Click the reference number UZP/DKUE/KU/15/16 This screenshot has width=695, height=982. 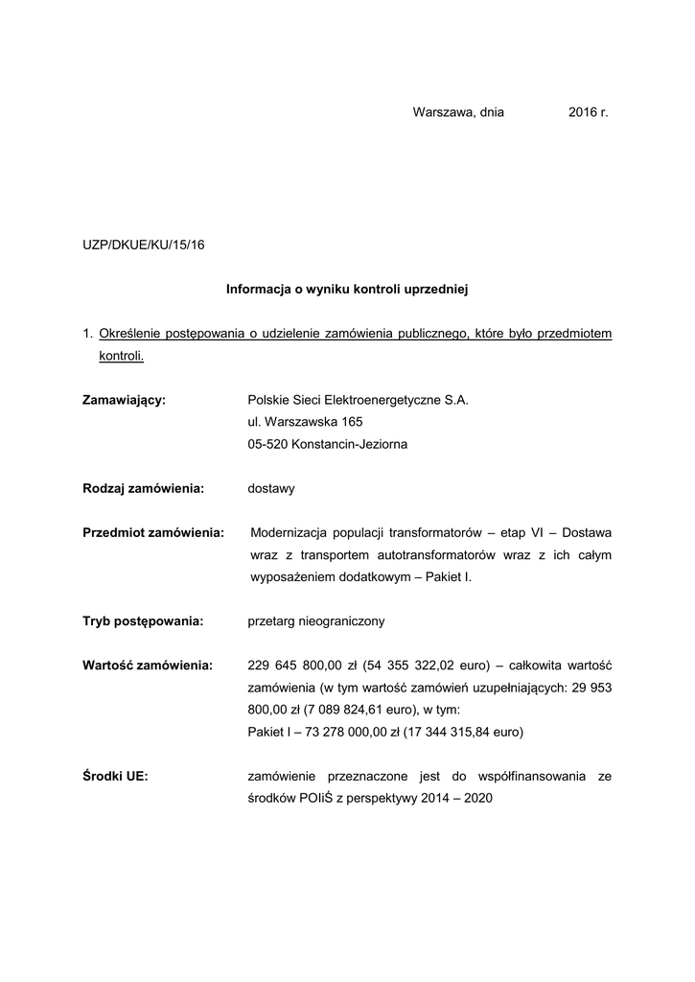(x=144, y=245)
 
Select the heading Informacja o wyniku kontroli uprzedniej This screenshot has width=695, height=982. (x=346, y=288)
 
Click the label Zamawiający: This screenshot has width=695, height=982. (x=125, y=400)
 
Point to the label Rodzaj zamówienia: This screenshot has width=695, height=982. (x=144, y=488)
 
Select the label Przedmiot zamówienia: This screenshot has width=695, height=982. (x=153, y=532)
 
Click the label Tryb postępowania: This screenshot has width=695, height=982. (x=143, y=621)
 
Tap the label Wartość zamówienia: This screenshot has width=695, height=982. (x=148, y=666)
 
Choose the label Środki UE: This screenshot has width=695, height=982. (x=115, y=777)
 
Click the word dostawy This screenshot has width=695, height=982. (x=271, y=488)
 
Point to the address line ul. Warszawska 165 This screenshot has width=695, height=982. (x=305, y=422)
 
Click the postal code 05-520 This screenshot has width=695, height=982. (x=267, y=444)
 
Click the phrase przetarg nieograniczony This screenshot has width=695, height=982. (x=316, y=621)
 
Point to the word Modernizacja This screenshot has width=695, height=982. (x=290, y=532)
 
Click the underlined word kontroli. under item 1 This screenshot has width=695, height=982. (x=121, y=356)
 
